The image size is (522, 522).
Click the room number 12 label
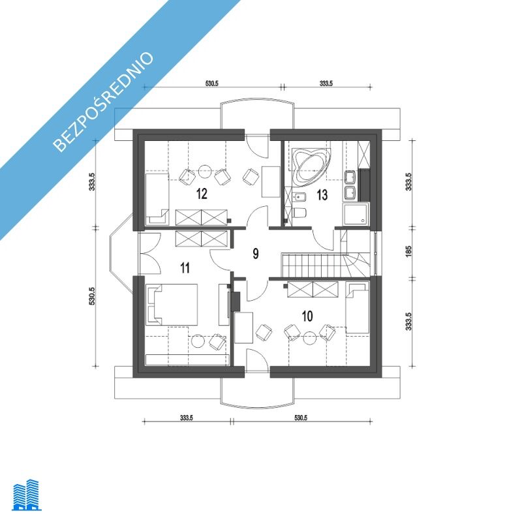202,193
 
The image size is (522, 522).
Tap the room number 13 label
322,194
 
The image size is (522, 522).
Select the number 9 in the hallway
255,254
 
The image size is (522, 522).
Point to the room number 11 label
185,268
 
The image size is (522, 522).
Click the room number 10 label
307,316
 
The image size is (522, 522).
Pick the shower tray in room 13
356,215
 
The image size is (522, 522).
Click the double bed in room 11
172,304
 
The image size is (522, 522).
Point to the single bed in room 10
358,307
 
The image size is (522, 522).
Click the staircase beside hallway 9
326,265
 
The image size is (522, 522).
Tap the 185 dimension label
409,251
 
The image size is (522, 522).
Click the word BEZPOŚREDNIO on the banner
104,101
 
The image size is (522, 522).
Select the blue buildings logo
27,495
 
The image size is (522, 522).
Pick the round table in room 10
309,338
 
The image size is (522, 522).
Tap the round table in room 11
198,341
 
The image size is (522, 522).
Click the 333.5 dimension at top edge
326,84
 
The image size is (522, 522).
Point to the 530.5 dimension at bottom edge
301,418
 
